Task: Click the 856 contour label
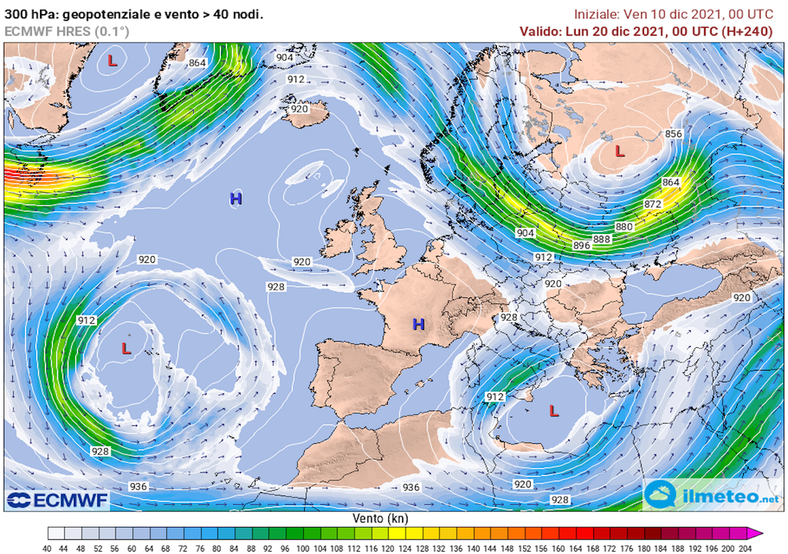tap(673, 134)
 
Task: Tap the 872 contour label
tap(653, 204)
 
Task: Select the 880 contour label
tap(624, 227)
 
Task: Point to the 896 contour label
tap(582, 245)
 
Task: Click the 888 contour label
tap(602, 239)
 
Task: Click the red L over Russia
tap(619, 152)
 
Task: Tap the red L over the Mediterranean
tap(553, 411)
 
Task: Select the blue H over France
tap(418, 324)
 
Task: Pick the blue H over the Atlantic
tap(236, 199)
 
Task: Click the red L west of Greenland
tap(112, 60)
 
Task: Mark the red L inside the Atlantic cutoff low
tap(127, 349)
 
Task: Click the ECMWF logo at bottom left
tap(57, 501)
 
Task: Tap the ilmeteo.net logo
tap(711, 495)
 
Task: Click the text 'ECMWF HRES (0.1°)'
tap(67, 31)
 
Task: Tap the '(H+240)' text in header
tap(746, 31)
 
